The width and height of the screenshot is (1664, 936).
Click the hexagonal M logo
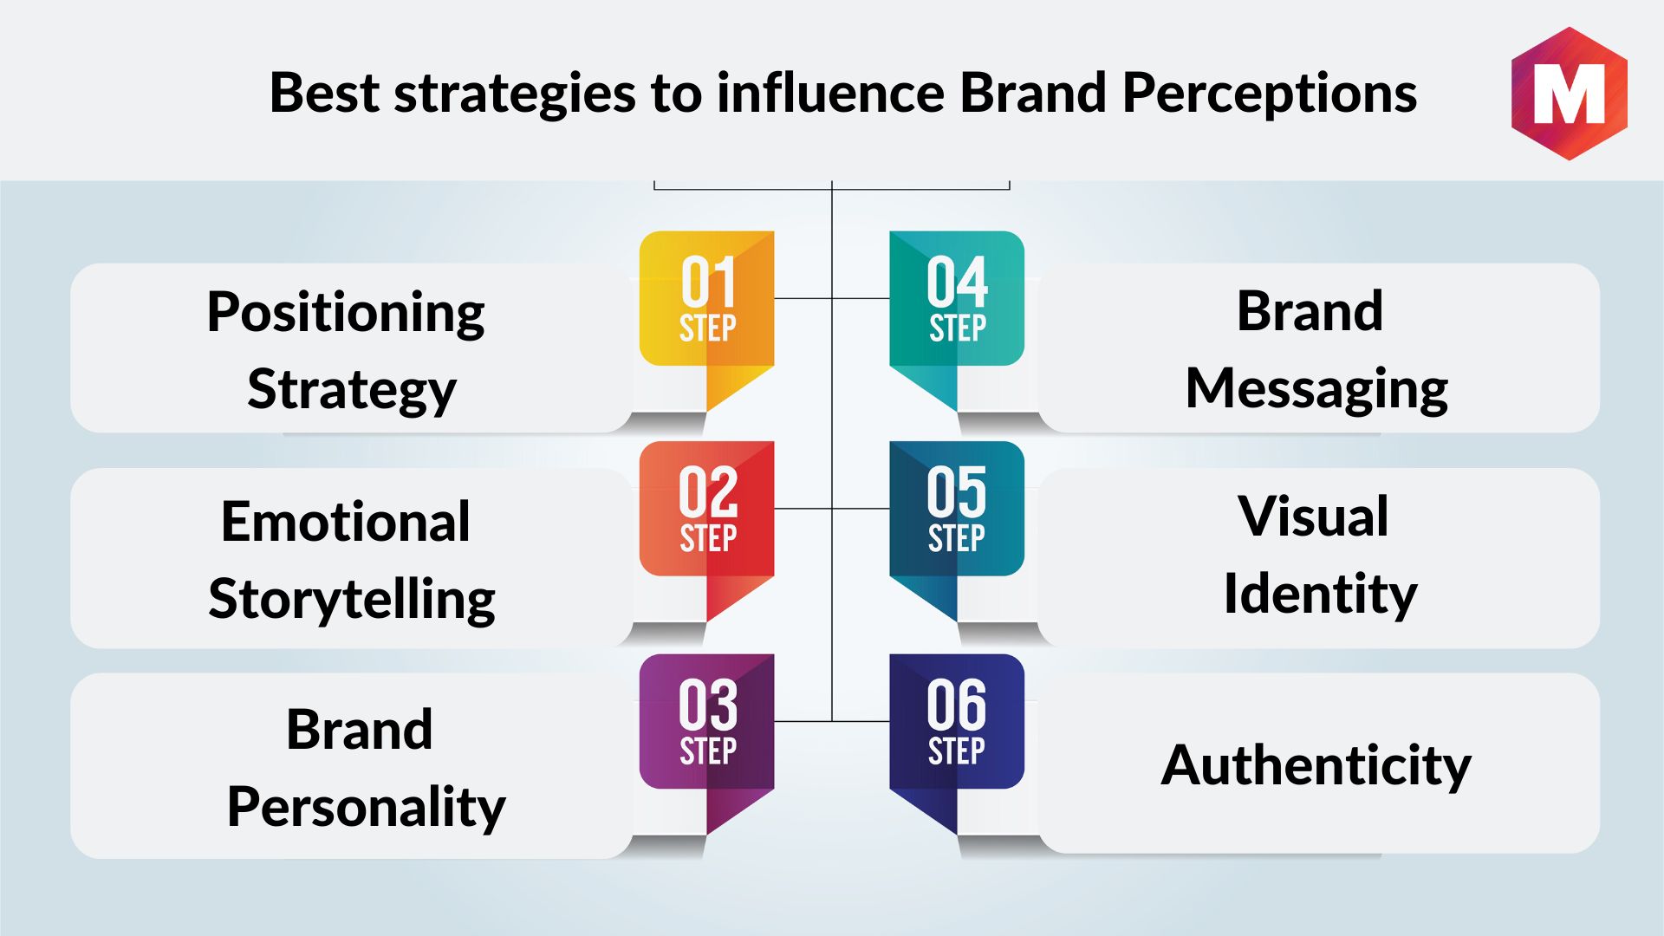pyautogui.click(x=1569, y=94)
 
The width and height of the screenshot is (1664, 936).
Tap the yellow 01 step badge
pyautogui.click(x=706, y=312)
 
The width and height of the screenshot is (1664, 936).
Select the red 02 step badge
pyautogui.click(x=706, y=523)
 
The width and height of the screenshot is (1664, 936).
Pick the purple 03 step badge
pyautogui.click(x=706, y=736)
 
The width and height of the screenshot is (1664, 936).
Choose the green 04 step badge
pyautogui.click(x=957, y=312)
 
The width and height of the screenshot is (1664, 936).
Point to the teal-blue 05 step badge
pyautogui.click(x=957, y=523)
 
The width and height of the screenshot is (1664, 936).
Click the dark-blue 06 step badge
pyautogui.click(x=957, y=736)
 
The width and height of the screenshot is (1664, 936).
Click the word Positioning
pyautogui.click(x=346, y=314)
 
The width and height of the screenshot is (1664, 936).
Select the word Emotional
pyautogui.click(x=346, y=522)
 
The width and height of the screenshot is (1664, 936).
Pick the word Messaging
pyautogui.click(x=1316, y=390)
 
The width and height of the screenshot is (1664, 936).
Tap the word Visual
pyautogui.click(x=1314, y=517)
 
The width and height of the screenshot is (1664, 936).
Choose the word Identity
pyautogui.click(x=1320, y=595)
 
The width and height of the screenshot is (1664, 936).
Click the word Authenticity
pyautogui.click(x=1316, y=766)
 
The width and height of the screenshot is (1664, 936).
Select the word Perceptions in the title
pyautogui.click(x=1270, y=94)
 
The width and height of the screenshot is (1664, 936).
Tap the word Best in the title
pyautogui.click(x=324, y=92)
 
